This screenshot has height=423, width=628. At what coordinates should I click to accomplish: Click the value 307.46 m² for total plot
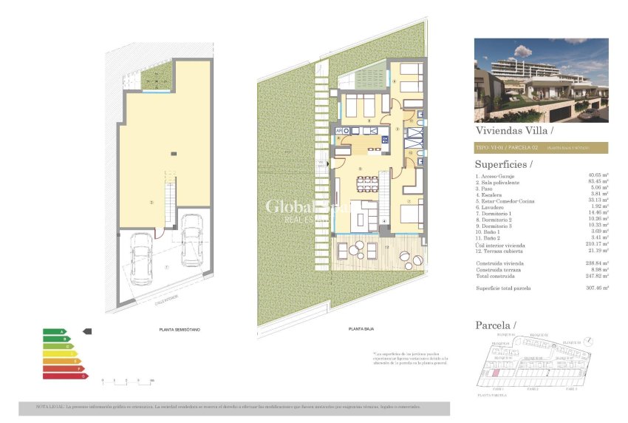click(594, 288)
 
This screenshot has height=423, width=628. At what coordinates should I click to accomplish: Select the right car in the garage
click(191, 240)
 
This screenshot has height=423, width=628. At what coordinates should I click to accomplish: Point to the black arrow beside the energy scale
click(86, 331)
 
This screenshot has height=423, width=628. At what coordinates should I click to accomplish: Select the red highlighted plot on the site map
click(494, 374)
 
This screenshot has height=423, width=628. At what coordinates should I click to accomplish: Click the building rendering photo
click(540, 79)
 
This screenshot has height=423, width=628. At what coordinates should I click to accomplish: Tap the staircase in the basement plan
click(169, 203)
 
